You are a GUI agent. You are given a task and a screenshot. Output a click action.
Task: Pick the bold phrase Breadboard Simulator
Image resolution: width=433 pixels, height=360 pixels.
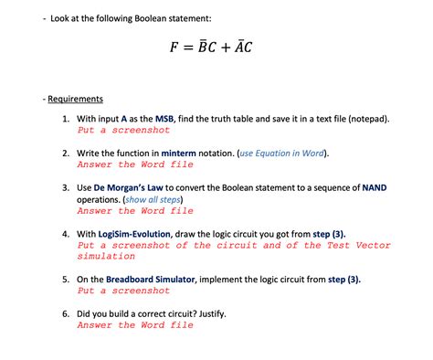156,279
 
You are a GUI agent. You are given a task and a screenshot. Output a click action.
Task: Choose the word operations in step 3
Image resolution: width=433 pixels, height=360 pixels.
105,199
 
